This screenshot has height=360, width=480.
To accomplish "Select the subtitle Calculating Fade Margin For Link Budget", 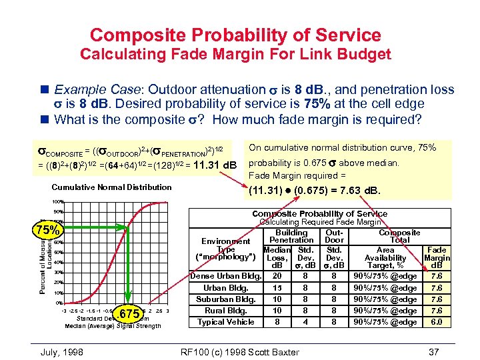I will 235,54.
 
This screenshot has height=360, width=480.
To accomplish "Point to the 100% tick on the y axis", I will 58,201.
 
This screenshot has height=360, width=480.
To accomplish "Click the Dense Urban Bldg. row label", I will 225,276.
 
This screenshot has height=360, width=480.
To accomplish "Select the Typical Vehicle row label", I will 226,322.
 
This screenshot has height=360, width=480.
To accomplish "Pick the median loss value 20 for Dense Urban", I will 277,276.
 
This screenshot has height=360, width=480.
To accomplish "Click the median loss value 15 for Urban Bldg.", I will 277,288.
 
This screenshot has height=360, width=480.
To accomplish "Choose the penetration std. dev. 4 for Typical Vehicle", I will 305,322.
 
